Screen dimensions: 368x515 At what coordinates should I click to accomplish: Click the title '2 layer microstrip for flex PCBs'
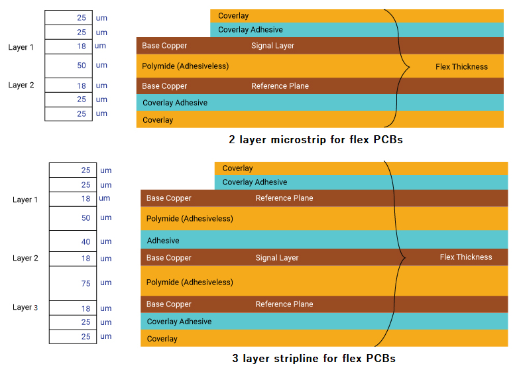click(x=315, y=140)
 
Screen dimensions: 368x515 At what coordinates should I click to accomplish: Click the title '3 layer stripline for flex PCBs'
click(x=314, y=359)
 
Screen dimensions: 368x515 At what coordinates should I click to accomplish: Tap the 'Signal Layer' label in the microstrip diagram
click(x=272, y=46)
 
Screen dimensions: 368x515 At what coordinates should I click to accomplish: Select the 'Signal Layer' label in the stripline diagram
click(x=277, y=258)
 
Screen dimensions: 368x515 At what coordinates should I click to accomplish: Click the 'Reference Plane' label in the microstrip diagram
click(x=280, y=86)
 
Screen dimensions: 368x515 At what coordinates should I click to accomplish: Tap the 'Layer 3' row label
click(x=25, y=307)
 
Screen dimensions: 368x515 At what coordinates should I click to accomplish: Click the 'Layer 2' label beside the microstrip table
click(x=21, y=85)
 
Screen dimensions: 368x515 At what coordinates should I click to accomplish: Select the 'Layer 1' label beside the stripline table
click(x=25, y=200)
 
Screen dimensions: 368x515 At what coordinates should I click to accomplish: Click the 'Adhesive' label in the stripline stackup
click(x=163, y=241)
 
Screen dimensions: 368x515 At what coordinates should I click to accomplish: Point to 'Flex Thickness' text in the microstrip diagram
click(x=461, y=67)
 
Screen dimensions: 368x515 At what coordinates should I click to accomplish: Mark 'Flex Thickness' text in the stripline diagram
click(x=466, y=257)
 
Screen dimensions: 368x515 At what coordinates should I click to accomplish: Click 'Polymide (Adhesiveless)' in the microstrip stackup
click(x=185, y=66)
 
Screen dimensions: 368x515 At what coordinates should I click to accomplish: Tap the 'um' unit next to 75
click(x=106, y=283)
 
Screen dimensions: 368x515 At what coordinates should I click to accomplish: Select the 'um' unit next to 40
click(x=106, y=242)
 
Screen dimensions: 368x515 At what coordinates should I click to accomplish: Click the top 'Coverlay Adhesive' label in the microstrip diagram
click(x=250, y=30)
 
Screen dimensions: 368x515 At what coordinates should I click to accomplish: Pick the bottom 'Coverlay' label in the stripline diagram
click(x=162, y=339)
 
